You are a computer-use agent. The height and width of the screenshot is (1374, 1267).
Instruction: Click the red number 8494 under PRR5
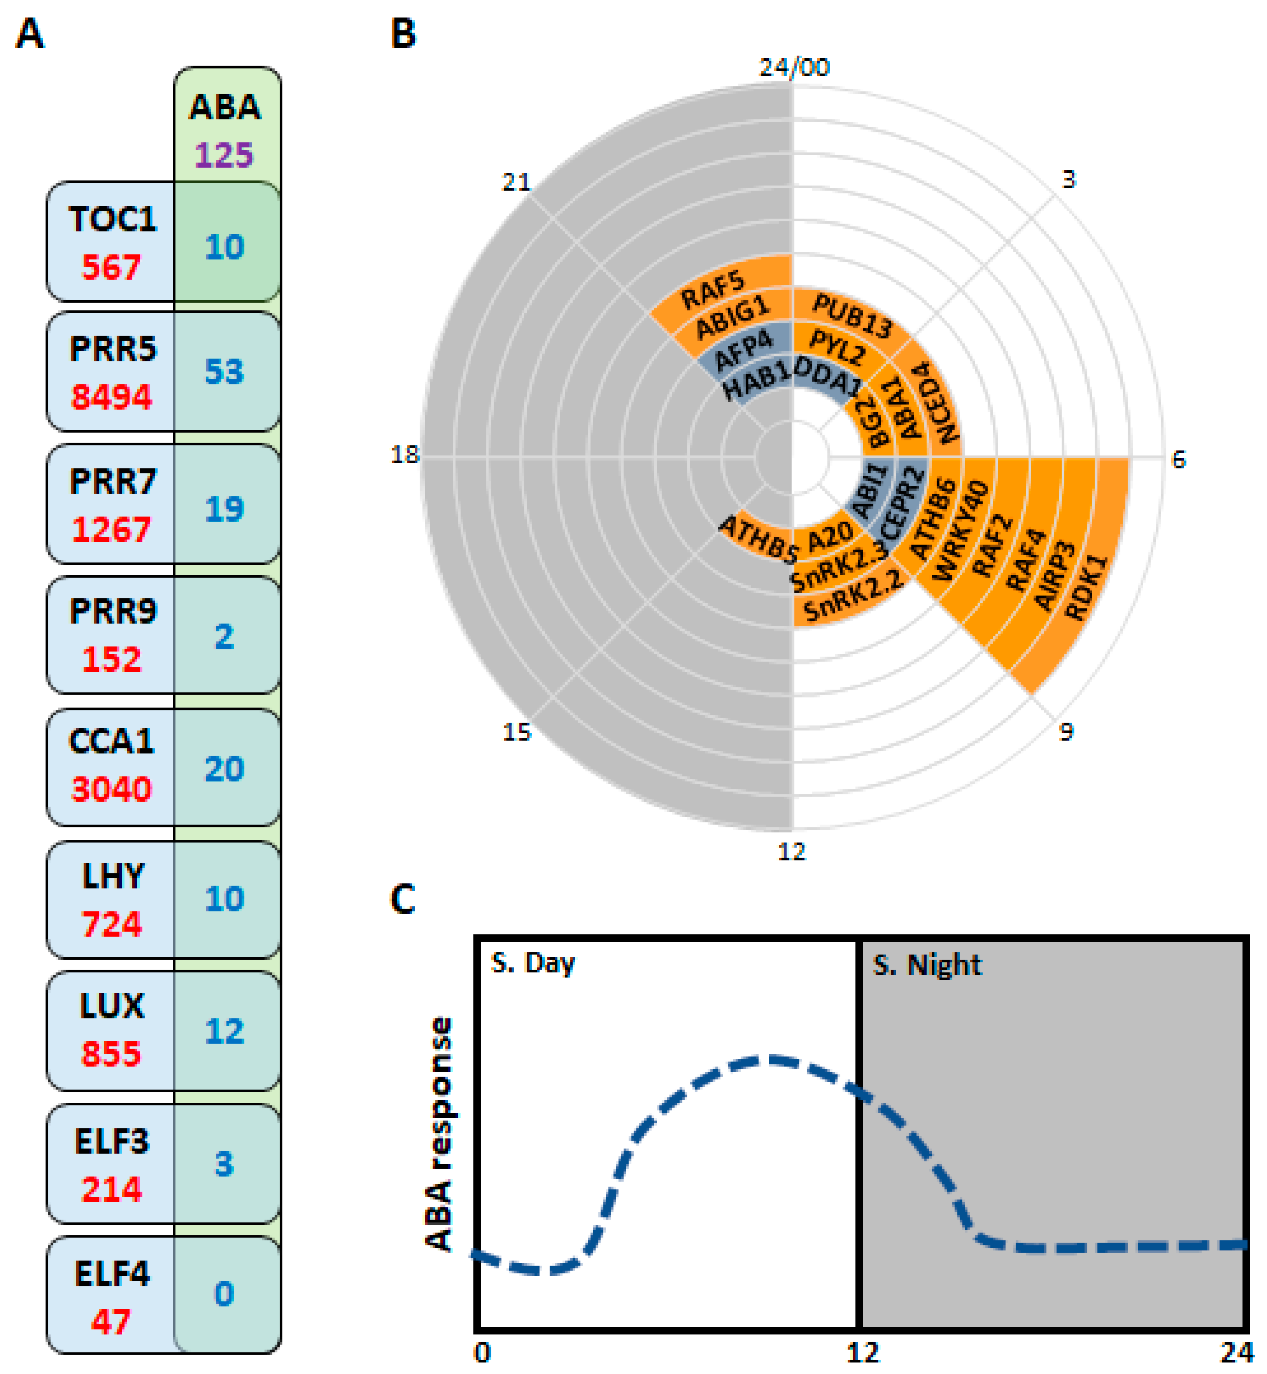click(111, 397)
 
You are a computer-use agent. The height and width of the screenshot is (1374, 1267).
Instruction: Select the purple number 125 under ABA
click(224, 154)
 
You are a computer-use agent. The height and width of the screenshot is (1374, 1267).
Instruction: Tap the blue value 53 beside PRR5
click(224, 371)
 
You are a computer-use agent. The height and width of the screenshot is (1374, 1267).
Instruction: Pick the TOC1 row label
click(112, 220)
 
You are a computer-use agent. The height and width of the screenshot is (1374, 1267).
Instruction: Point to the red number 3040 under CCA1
click(111, 789)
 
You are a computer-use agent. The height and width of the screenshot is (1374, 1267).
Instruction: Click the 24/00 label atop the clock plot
click(794, 67)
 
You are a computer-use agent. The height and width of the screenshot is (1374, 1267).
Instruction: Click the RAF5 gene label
click(713, 289)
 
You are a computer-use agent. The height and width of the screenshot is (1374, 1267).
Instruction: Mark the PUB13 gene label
click(852, 316)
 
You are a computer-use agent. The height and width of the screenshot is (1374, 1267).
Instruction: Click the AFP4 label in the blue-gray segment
click(743, 348)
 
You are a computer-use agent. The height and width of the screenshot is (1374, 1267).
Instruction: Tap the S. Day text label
click(533, 963)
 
